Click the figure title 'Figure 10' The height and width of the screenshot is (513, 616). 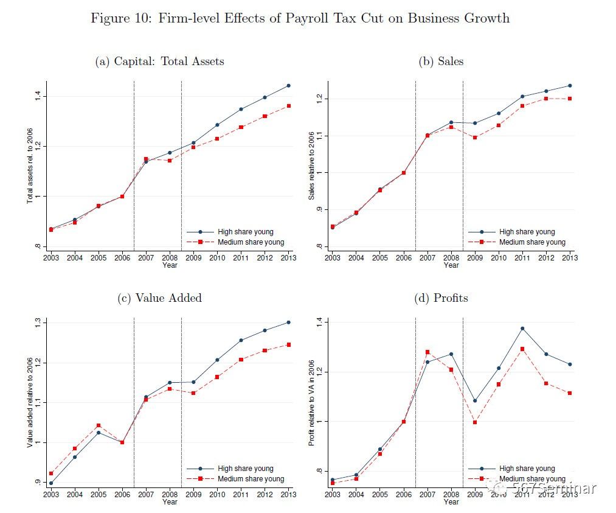(x=300, y=18)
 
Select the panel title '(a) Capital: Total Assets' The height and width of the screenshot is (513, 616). (x=160, y=61)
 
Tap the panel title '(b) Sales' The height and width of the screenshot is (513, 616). (x=441, y=61)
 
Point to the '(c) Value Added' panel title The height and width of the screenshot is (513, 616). (x=159, y=298)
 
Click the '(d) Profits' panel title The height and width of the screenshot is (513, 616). (x=441, y=298)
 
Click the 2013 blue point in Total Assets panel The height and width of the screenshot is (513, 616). (x=288, y=86)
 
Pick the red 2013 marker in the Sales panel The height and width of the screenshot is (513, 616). (x=570, y=99)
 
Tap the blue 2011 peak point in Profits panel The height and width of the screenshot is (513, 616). (x=522, y=329)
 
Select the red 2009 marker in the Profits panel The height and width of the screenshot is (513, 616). (x=474, y=422)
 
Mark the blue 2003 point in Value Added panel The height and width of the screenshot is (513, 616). (x=51, y=483)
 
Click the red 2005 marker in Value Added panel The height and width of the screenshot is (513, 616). (x=99, y=425)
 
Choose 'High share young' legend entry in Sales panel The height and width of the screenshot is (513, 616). (x=527, y=232)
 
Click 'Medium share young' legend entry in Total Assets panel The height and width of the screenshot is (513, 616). (x=250, y=242)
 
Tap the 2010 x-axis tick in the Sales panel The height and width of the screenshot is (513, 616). (x=498, y=258)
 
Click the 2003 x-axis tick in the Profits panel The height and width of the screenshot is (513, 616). (x=332, y=495)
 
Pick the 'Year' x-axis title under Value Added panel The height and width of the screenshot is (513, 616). (x=170, y=502)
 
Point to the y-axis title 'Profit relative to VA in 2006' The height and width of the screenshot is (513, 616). (x=312, y=401)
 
